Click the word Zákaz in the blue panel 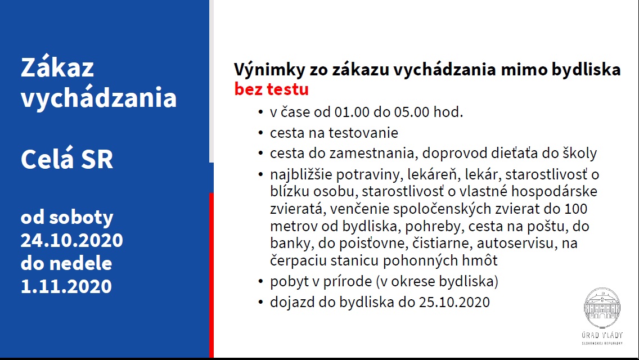(x=57, y=66)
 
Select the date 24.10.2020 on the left (x=72, y=240)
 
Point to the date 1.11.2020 (x=66, y=286)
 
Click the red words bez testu (x=272, y=89)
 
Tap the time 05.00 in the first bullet (x=412, y=112)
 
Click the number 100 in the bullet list (x=576, y=209)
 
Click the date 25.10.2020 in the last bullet (x=454, y=302)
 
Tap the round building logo (x=602, y=308)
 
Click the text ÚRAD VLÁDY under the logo (x=602, y=335)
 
